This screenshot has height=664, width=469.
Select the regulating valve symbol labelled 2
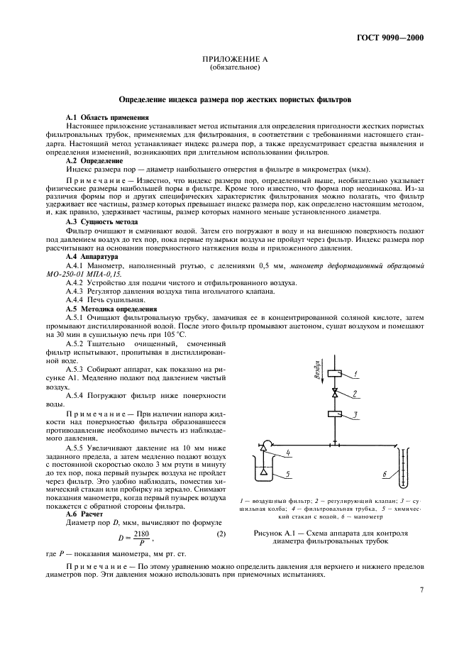(336, 392)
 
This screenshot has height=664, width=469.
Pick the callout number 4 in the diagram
(289, 452)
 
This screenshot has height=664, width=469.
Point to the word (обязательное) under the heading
(235, 69)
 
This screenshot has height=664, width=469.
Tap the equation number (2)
(221, 541)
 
